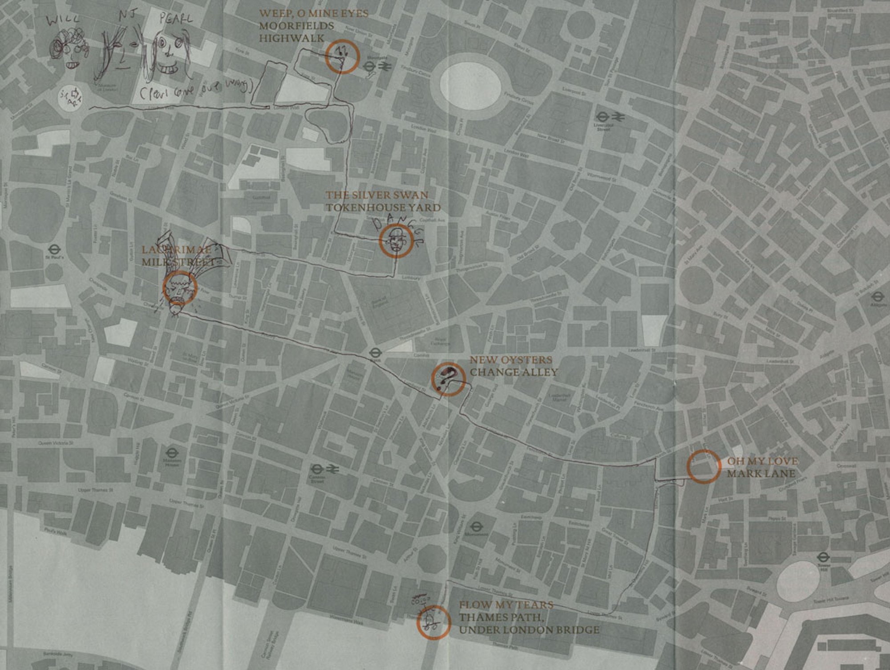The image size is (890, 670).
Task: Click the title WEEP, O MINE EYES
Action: tap(314, 13)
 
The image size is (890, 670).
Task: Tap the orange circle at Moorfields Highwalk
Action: tap(342, 56)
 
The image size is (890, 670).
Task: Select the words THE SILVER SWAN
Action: tap(376, 195)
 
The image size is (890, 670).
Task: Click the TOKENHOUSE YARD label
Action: tap(383, 208)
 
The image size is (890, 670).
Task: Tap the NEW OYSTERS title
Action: tap(510, 360)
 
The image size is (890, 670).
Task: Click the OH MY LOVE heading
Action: tap(762, 461)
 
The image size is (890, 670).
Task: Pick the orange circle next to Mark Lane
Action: tap(704, 466)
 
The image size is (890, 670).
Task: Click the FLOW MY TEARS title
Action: tap(506, 605)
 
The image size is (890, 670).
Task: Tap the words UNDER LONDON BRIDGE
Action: tap(529, 630)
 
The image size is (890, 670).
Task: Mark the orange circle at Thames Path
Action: tap(433, 623)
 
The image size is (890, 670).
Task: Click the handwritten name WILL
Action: tap(63, 20)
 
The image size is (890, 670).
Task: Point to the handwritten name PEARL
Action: tap(176, 19)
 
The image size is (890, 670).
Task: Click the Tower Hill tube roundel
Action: tap(823, 557)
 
